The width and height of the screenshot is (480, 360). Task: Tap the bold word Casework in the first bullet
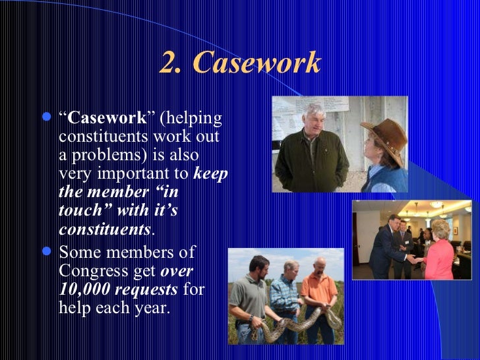(x=106, y=119)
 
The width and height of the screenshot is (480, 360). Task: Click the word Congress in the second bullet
(x=89, y=270)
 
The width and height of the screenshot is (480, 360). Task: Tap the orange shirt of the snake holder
(x=320, y=289)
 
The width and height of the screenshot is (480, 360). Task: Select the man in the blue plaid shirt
(x=285, y=297)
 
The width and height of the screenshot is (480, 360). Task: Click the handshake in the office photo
(x=416, y=259)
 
